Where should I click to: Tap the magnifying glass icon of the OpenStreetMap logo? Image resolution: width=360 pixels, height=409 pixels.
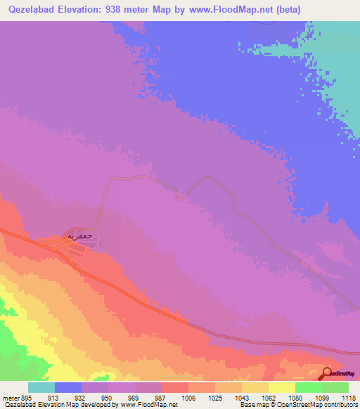(x=326, y=372)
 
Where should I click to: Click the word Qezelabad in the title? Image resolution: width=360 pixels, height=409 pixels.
(x=32, y=10)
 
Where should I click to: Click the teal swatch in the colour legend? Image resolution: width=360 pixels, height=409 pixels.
(x=41, y=388)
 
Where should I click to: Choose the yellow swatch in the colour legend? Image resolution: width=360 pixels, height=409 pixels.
(x=281, y=388)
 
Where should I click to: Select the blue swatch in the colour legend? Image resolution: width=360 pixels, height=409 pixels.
(x=68, y=388)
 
